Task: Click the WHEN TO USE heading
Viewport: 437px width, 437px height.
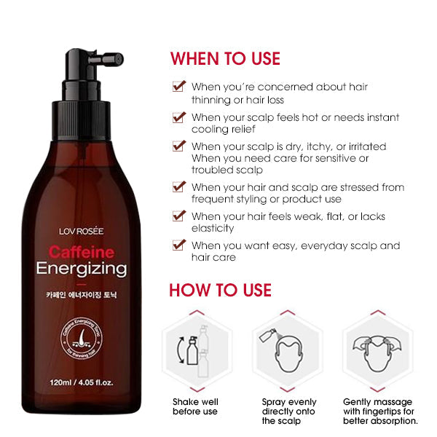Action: [x=225, y=59]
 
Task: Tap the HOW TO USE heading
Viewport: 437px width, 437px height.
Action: [x=221, y=291]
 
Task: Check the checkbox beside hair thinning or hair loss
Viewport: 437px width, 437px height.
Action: [x=178, y=87]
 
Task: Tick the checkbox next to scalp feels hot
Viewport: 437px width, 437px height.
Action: [x=178, y=117]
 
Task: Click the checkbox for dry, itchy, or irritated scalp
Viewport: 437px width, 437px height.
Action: [x=178, y=146]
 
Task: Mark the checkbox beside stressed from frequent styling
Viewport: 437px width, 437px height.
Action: [x=178, y=187]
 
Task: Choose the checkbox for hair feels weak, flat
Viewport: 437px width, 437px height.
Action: [x=178, y=216]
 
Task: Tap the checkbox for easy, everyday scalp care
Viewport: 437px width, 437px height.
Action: [x=178, y=245]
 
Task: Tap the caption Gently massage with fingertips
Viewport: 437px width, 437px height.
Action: [x=379, y=411]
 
